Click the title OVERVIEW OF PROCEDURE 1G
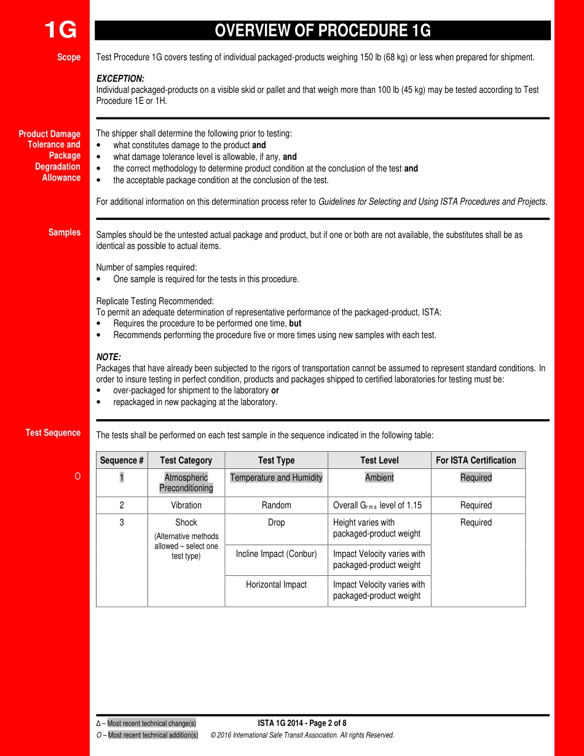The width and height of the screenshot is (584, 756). [x=323, y=31]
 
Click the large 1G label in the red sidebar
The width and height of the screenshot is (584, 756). [x=60, y=30]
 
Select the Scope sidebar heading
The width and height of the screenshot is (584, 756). [x=69, y=57]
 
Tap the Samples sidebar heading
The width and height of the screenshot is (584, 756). [x=65, y=232]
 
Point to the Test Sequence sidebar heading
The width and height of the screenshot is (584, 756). [x=53, y=433]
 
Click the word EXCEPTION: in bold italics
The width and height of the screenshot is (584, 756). [x=120, y=79]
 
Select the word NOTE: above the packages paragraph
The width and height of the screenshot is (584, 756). [x=109, y=357]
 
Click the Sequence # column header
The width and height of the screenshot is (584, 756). [x=122, y=460]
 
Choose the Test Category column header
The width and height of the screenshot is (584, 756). [x=186, y=460]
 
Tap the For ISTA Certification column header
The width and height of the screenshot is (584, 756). [x=476, y=460]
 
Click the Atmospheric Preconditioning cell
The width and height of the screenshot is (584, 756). [x=186, y=482]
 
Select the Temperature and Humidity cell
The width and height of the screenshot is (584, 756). [x=276, y=478]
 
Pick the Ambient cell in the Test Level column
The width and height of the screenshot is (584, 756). [x=379, y=478]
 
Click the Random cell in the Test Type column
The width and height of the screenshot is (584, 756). [x=276, y=505]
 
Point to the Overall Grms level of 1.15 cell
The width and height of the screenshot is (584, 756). [x=377, y=505]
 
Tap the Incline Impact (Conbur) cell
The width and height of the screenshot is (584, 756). [x=276, y=554]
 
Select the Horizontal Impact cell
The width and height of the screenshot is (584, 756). [x=276, y=585]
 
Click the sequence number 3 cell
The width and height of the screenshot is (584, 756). [x=122, y=522]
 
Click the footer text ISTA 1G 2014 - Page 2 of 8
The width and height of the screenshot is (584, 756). [x=302, y=723]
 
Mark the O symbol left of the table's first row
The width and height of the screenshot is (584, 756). [x=77, y=477]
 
